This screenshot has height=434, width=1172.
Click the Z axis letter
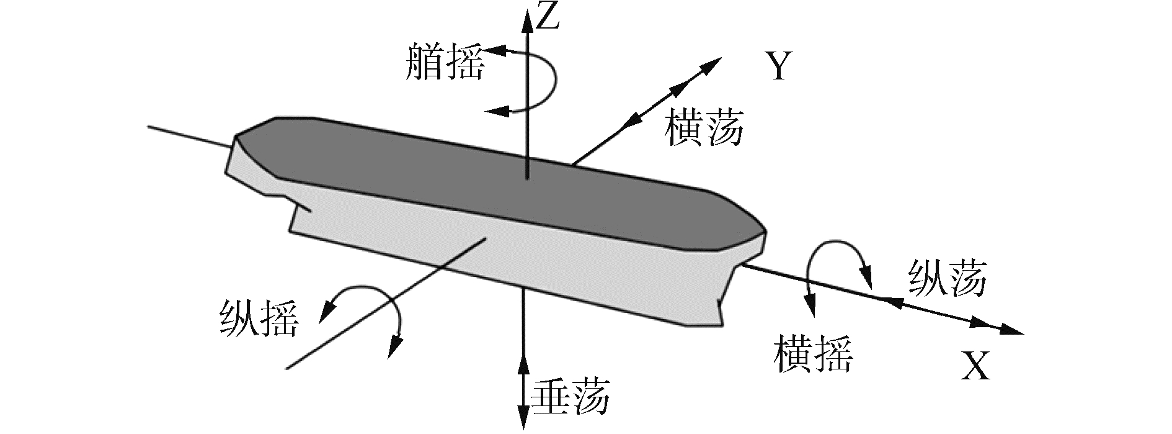(549, 17)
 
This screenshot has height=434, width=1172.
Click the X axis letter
(976, 366)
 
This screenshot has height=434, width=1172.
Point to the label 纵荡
(947, 278)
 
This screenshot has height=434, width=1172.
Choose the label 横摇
(813, 355)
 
